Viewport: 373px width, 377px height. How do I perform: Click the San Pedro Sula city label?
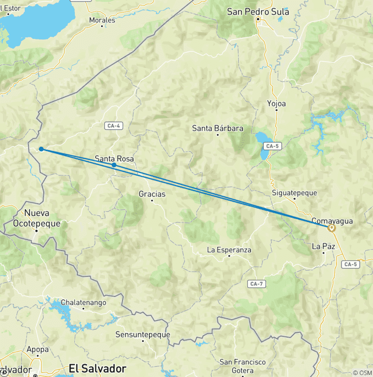pyautogui.click(x=258, y=12)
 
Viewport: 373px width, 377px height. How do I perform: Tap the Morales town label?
pyautogui.click(x=102, y=20)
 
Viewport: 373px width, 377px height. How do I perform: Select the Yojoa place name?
pyautogui.click(x=276, y=103)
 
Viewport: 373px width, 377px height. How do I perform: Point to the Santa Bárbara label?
pyautogui.click(x=218, y=129)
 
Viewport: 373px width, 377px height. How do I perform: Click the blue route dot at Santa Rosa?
pyautogui.click(x=114, y=165)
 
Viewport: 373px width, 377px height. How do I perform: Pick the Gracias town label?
pyautogui.click(x=152, y=194)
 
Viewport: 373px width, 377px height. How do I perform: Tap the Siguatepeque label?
pyautogui.click(x=294, y=193)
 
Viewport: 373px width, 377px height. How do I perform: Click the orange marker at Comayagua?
pyautogui.click(x=332, y=227)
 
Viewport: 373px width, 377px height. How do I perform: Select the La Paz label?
pyautogui.click(x=323, y=247)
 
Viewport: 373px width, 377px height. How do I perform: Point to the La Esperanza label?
pyautogui.click(x=229, y=250)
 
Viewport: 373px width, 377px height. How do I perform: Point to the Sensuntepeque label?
pyautogui.click(x=143, y=334)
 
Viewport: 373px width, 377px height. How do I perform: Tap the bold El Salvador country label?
pyautogui.click(x=98, y=368)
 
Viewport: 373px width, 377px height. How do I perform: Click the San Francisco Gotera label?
pyautogui.click(x=243, y=366)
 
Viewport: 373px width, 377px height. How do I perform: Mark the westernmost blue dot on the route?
pyautogui.click(x=41, y=149)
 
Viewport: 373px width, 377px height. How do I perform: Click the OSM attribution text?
pyautogui.click(x=362, y=373)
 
